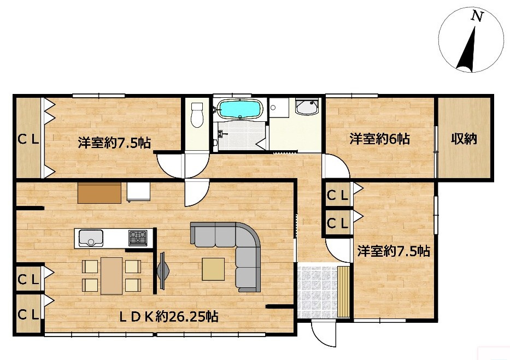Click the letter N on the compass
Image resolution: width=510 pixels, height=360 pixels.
[x=477, y=17]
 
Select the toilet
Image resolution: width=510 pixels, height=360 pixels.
[x=197, y=115]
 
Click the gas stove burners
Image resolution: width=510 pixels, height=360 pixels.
[x=138, y=238]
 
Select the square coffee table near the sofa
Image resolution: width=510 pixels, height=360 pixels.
[x=213, y=269]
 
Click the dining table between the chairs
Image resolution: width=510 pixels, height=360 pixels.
[x=112, y=275]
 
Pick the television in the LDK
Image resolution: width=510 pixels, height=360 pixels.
[x=163, y=270]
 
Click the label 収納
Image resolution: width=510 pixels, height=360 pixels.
[x=464, y=139]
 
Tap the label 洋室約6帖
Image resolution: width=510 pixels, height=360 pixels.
[x=380, y=139]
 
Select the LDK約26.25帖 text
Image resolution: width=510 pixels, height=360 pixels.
[x=169, y=316]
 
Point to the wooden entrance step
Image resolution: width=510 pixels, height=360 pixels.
[x=343, y=291]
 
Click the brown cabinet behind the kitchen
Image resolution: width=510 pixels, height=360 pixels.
[x=99, y=192]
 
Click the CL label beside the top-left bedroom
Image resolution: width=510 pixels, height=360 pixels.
[x=28, y=139]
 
